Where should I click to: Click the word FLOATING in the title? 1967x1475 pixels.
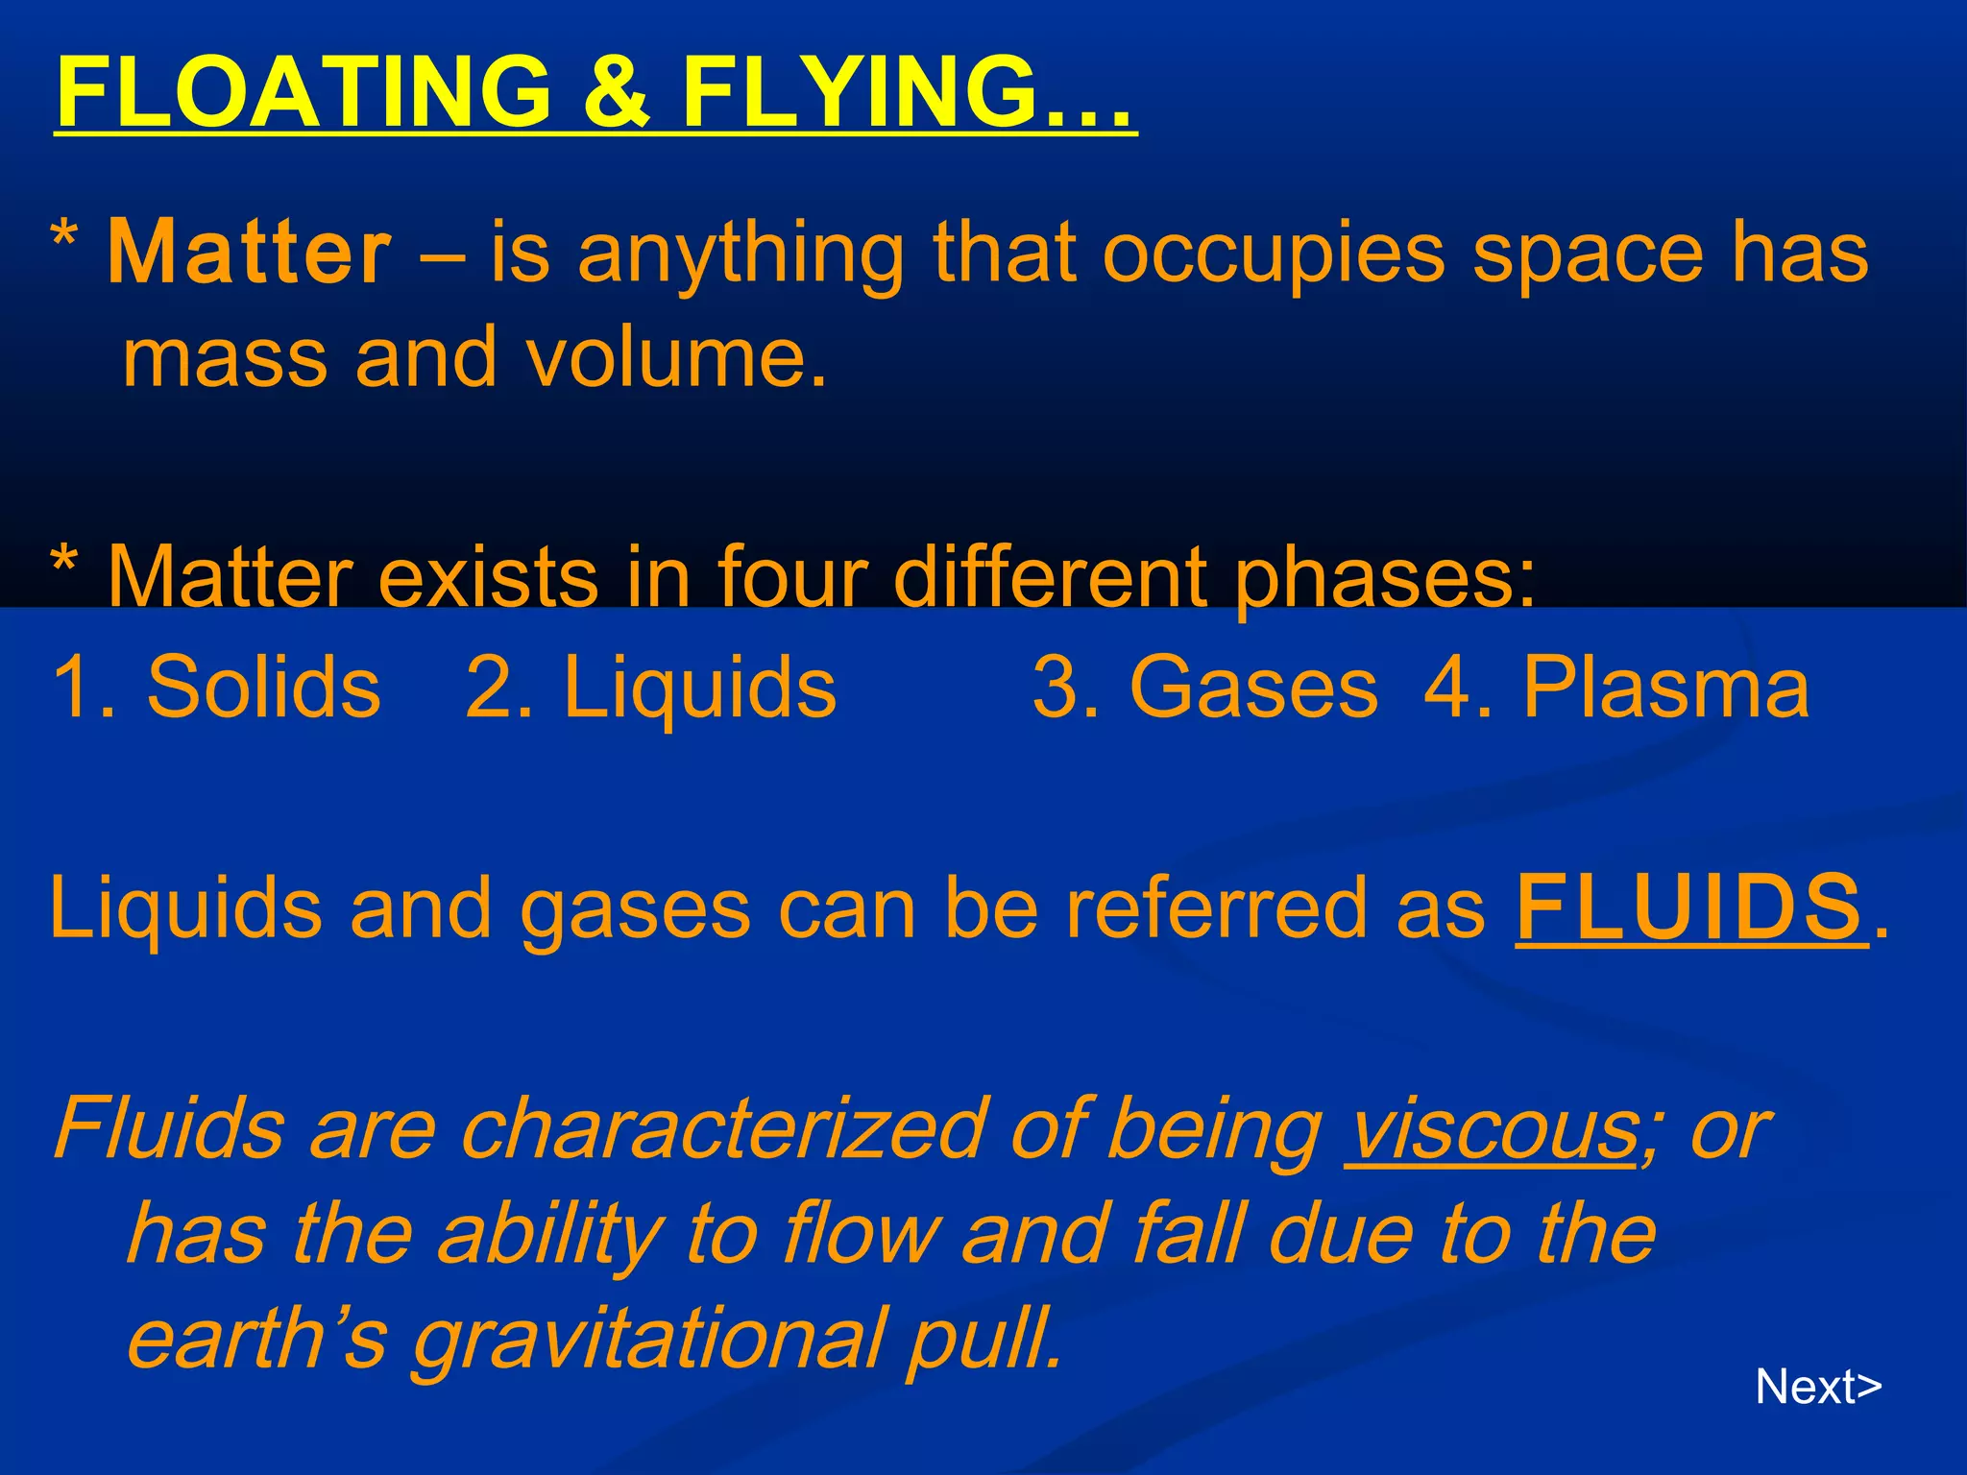click(304, 93)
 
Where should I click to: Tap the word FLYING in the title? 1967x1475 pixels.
click(861, 93)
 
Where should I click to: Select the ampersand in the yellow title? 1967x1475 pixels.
click(617, 93)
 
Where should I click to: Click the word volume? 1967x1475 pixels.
click(676, 358)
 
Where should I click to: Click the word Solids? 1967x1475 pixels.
click(264, 688)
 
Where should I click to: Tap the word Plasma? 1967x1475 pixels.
click(1666, 688)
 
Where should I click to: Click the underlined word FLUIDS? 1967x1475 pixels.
click(1689, 907)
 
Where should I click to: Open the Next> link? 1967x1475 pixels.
click(1818, 1387)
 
